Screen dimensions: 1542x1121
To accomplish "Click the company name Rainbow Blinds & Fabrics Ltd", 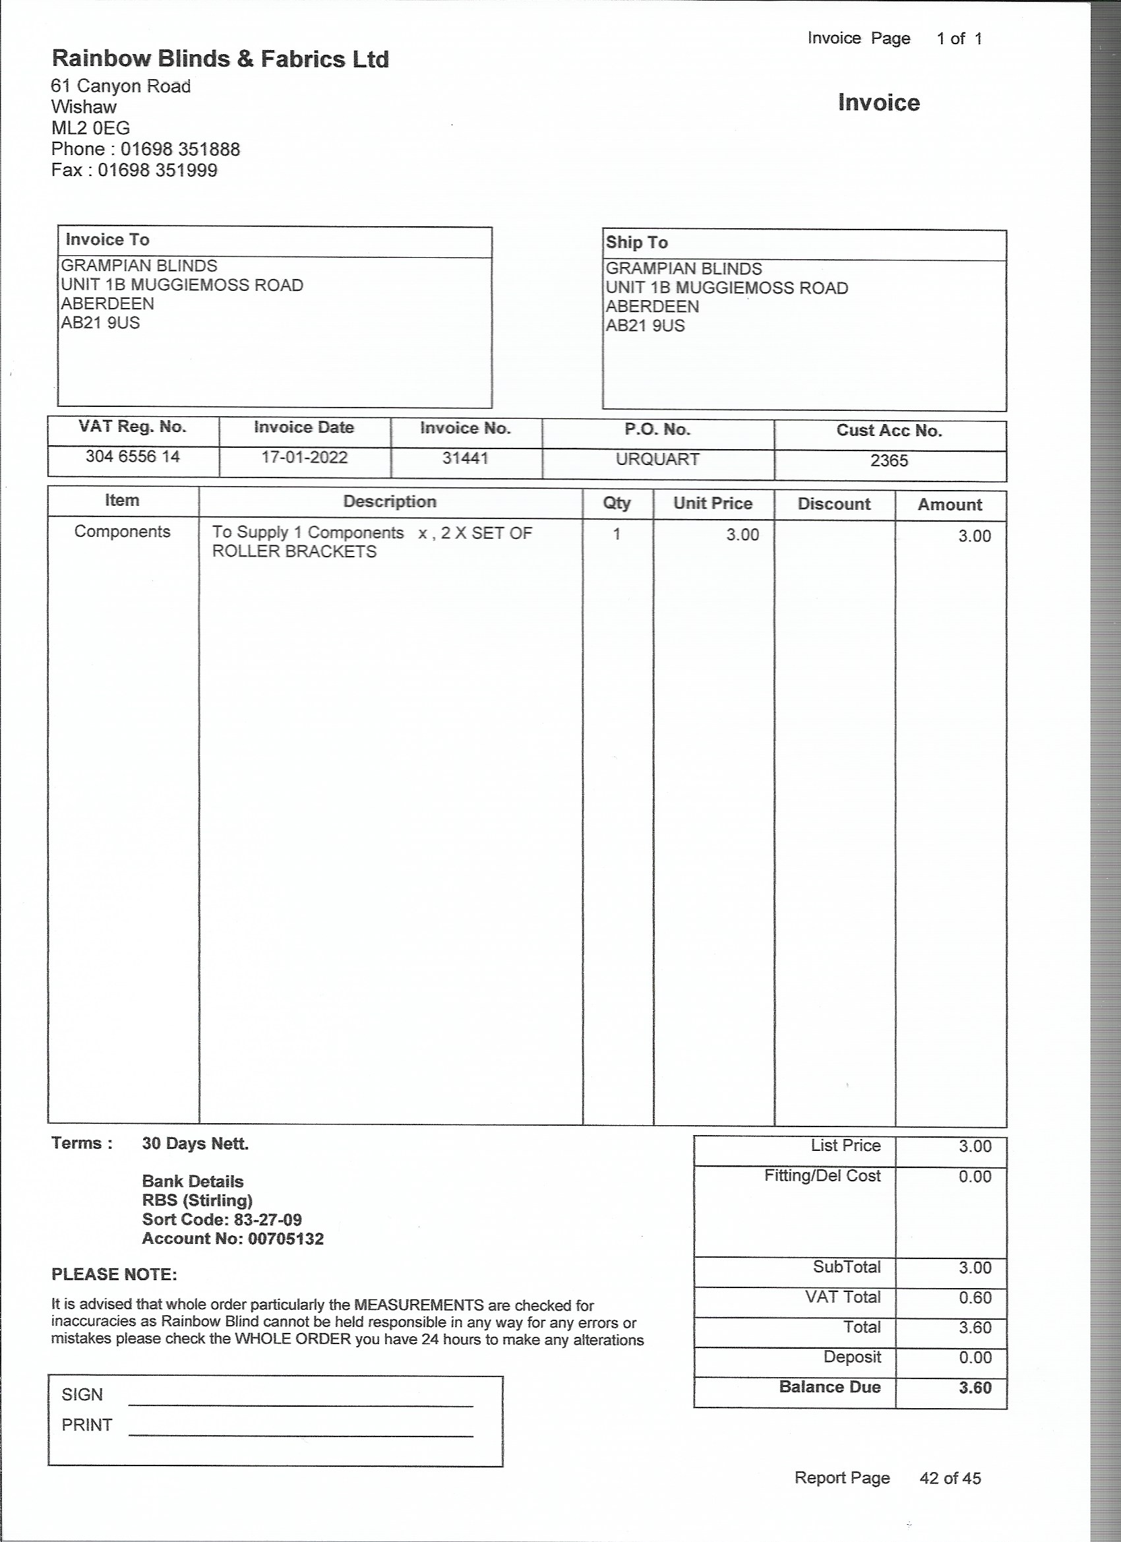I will (220, 59).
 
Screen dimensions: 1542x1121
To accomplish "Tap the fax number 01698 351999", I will (157, 170).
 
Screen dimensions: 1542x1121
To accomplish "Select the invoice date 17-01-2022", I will (304, 457).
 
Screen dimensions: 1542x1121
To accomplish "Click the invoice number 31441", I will (465, 458).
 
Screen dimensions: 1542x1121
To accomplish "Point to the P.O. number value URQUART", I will (657, 460).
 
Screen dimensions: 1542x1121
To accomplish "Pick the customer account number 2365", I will (888, 461).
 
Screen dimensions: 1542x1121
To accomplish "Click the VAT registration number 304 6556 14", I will (133, 456).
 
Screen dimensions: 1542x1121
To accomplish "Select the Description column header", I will (390, 502).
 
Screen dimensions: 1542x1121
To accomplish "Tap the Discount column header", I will (833, 504).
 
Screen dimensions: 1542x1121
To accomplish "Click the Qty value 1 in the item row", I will (617, 534).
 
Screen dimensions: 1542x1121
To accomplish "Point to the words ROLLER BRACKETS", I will (293, 551).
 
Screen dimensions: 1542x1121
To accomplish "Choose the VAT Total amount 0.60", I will (975, 1297).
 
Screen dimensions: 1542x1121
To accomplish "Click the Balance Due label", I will (830, 1387).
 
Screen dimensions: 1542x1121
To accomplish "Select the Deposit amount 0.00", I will (975, 1357).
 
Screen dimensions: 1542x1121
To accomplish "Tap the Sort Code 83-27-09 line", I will (222, 1219).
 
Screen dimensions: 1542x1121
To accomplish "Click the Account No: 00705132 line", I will (233, 1239).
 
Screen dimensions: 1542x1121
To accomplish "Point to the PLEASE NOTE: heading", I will (114, 1274).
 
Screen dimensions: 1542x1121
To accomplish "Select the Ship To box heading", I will (637, 243).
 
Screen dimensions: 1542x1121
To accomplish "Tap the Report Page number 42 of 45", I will (950, 1478).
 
